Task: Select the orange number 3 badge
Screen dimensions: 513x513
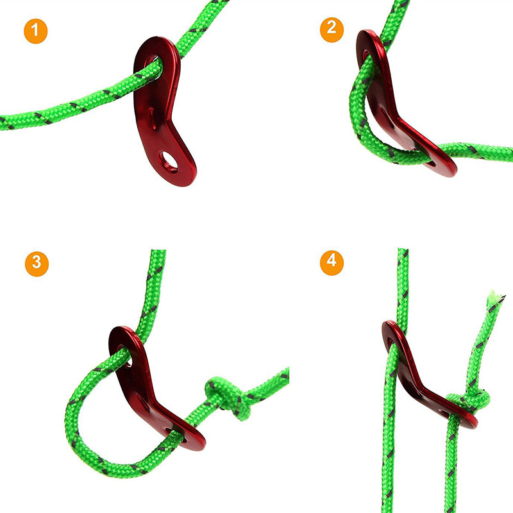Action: [x=37, y=262]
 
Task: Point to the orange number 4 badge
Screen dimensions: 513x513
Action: [x=332, y=262]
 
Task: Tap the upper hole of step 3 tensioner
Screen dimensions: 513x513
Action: [x=126, y=354]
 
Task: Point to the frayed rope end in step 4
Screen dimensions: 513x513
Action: [x=492, y=298]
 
